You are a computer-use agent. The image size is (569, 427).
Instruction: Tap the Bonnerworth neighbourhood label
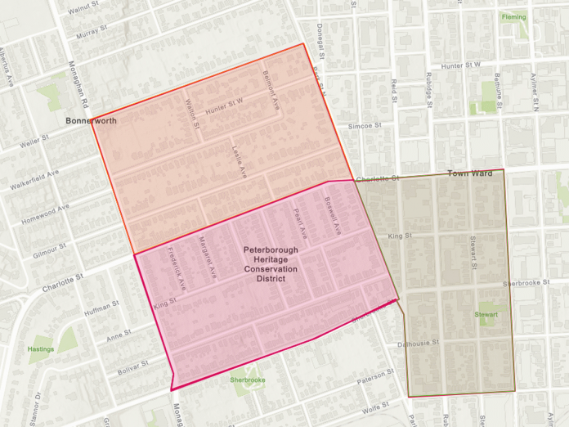(91, 120)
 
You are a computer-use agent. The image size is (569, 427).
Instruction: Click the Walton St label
(192, 114)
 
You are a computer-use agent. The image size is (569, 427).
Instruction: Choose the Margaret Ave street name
(207, 255)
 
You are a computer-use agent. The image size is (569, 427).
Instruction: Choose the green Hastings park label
(41, 349)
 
